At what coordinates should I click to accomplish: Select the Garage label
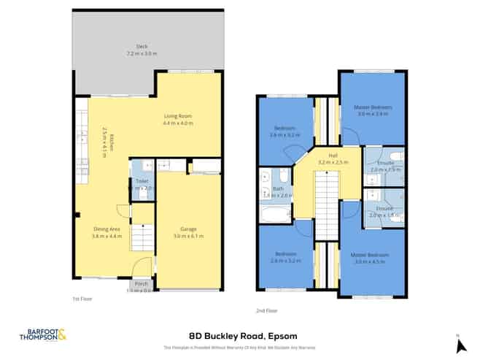pyautogui.click(x=187, y=231)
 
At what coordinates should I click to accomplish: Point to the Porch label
pyautogui.click(x=139, y=286)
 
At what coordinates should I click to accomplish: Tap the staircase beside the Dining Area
pyautogui.click(x=144, y=237)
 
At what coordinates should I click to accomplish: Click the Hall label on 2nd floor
pyautogui.click(x=332, y=156)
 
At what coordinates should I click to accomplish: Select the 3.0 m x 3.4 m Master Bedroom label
pyautogui.click(x=373, y=110)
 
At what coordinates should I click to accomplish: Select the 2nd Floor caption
pyautogui.click(x=266, y=310)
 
